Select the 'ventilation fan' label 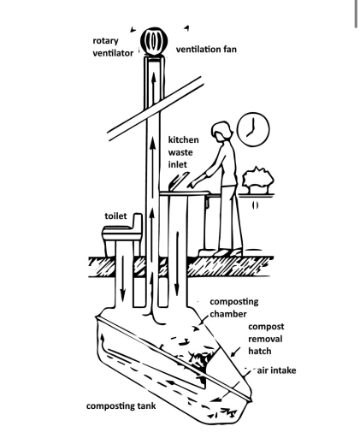coord(206,50)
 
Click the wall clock coord(254,129)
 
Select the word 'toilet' coord(115,216)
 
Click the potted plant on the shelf coord(257,180)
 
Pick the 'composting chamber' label coord(234,307)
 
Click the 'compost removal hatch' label coord(266,339)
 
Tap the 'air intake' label coord(277,370)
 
